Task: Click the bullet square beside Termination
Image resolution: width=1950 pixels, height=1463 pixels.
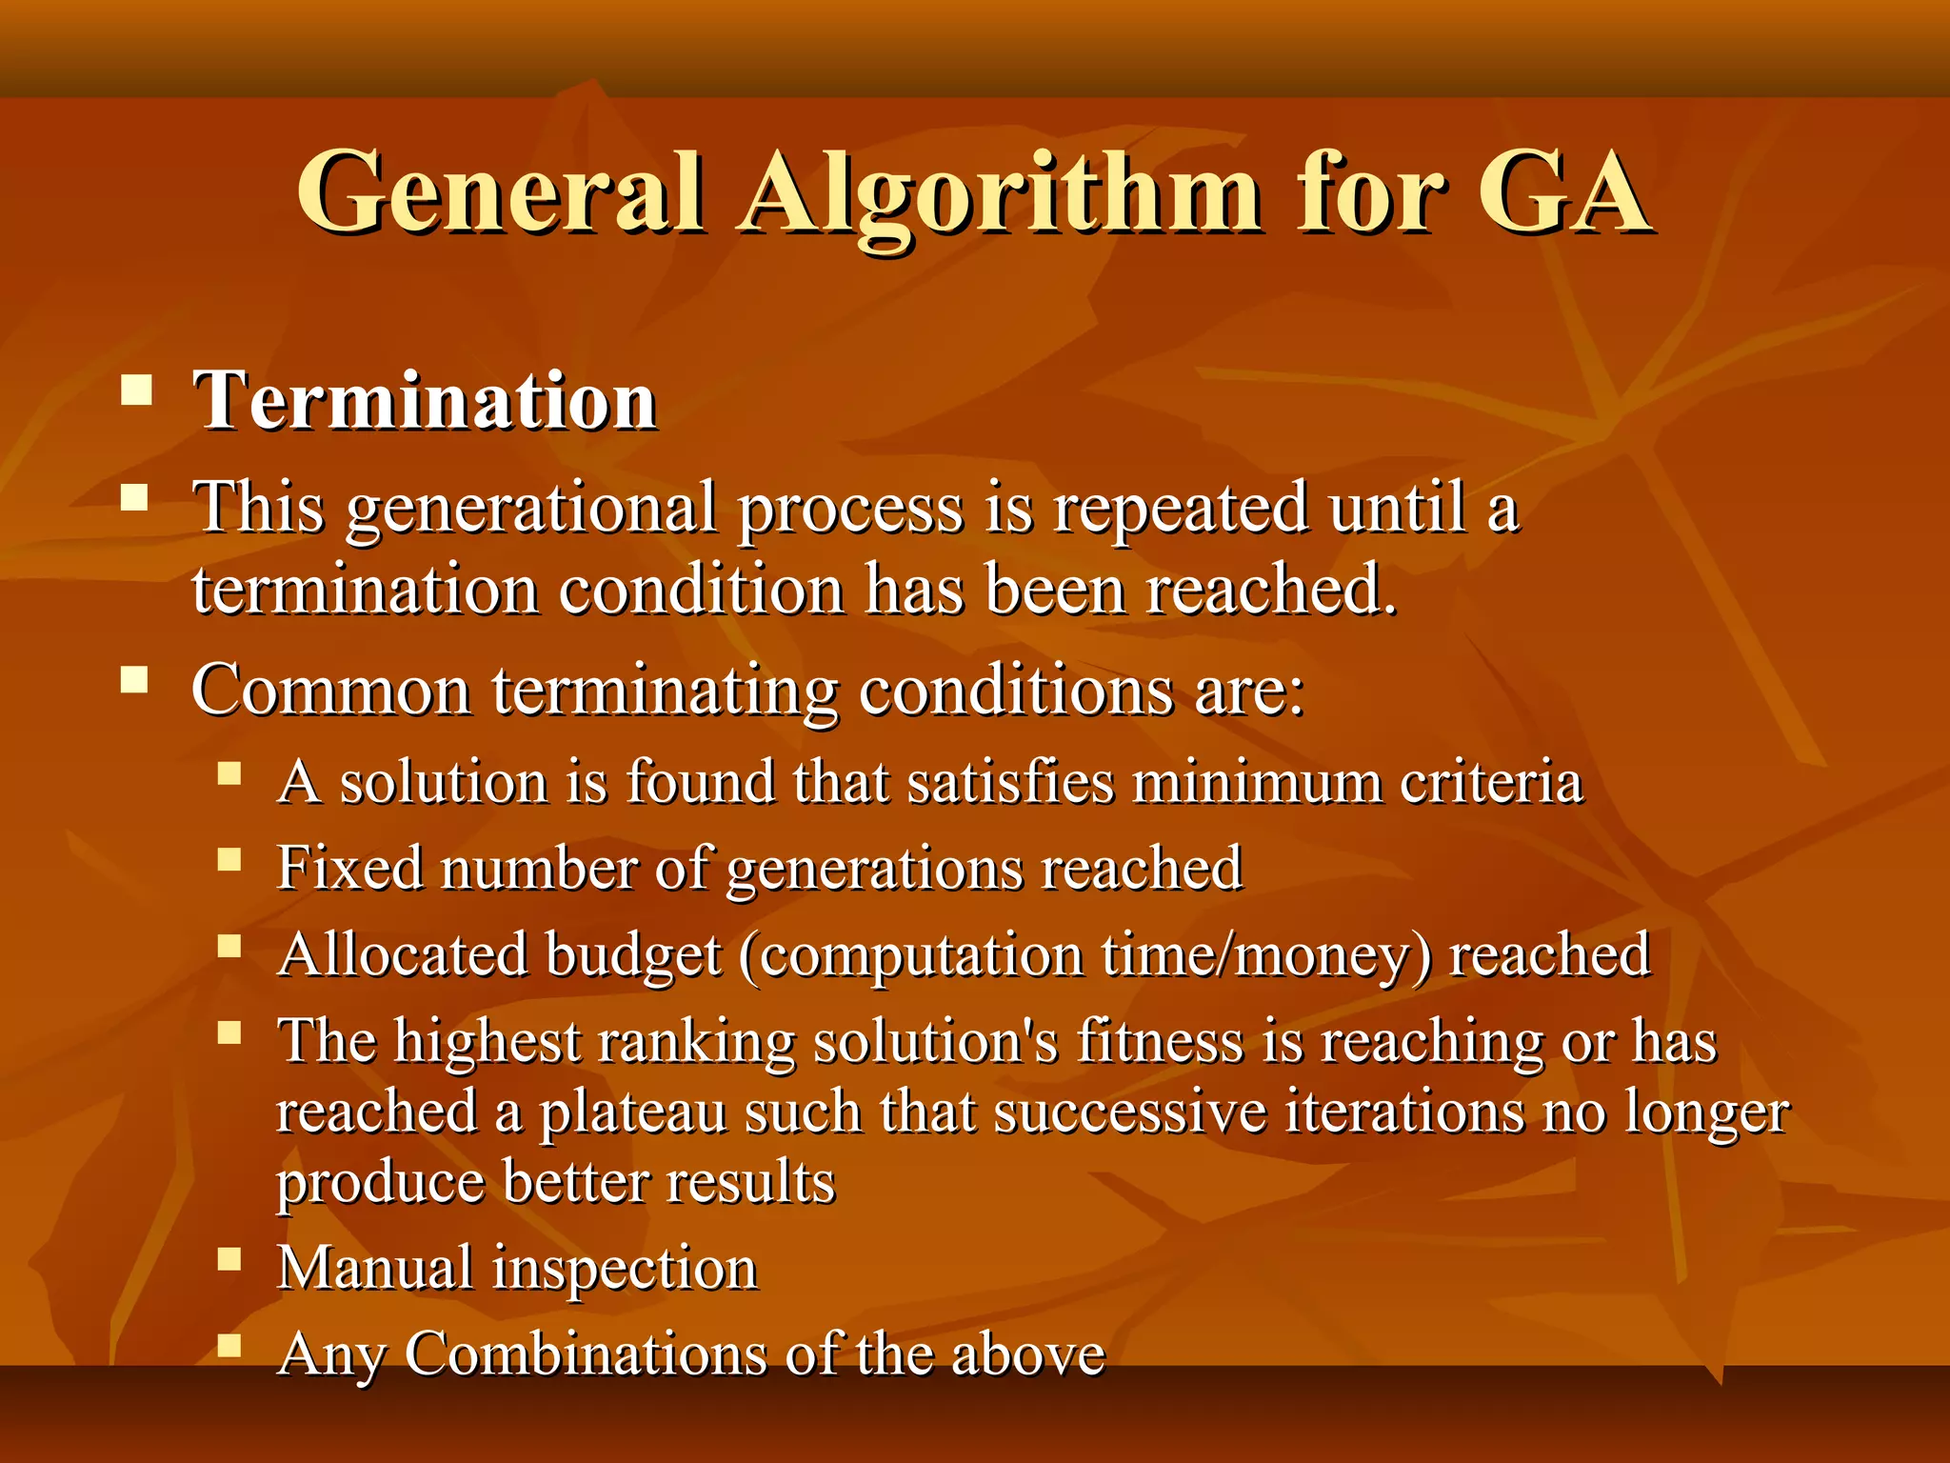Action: click(x=137, y=391)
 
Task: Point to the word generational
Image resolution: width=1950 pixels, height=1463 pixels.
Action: click(x=531, y=508)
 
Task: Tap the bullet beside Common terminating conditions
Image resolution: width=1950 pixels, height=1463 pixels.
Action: click(x=135, y=679)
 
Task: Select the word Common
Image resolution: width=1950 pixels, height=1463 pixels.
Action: click(x=330, y=690)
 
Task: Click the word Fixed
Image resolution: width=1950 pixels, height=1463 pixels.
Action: click(x=349, y=868)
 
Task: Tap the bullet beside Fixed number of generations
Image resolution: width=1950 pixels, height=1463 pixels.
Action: click(x=229, y=860)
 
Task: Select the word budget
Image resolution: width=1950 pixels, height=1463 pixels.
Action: click(x=633, y=954)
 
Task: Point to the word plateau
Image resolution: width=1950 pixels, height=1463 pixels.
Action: click(x=633, y=1112)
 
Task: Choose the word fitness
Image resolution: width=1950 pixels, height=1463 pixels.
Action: click(x=1160, y=1040)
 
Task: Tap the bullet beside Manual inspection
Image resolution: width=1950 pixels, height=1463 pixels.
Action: click(x=229, y=1260)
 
